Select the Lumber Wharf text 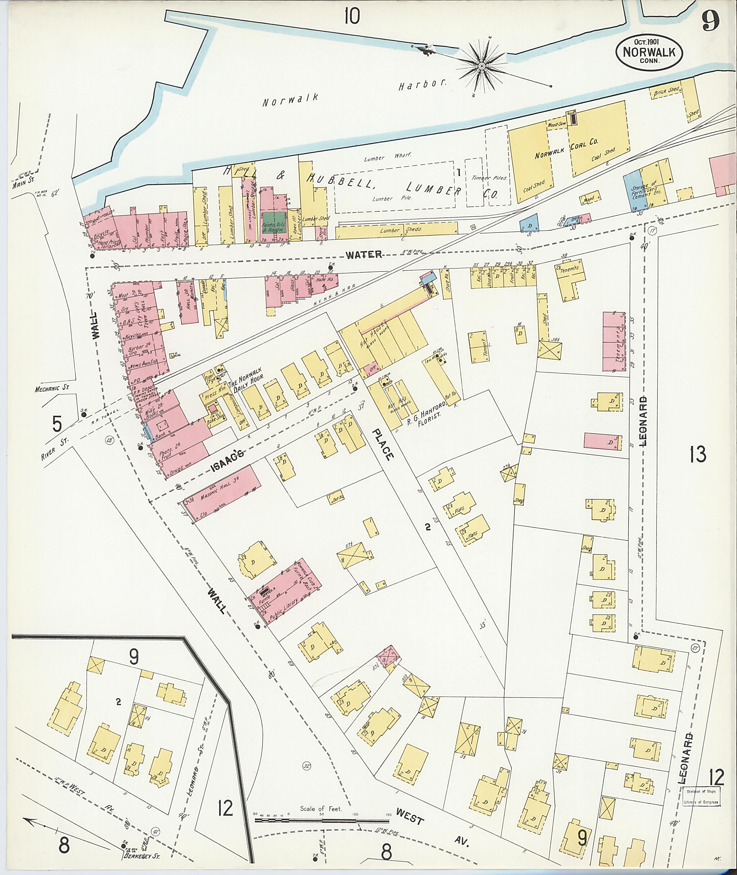tap(387, 156)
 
